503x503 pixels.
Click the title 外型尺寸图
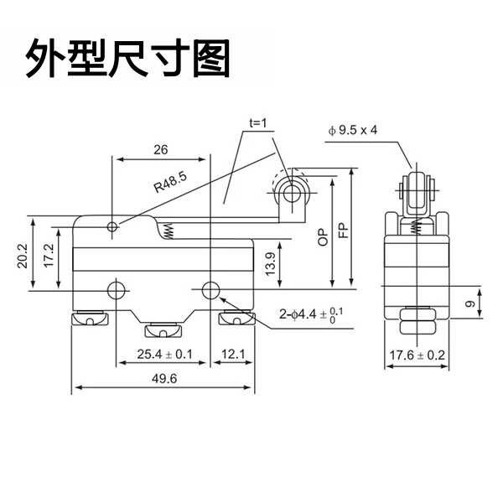point(127,59)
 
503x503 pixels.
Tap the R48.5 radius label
point(170,182)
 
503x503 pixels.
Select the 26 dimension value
point(160,149)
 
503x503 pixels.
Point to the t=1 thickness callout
point(258,123)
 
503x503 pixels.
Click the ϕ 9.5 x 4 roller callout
point(352,130)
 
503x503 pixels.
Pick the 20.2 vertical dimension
point(23,256)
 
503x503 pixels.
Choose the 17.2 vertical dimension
point(48,256)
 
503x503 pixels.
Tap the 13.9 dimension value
point(271,264)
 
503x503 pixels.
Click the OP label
point(323,237)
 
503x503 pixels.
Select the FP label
point(343,230)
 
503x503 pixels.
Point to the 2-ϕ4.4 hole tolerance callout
point(311,314)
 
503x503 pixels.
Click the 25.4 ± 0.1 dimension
point(165,354)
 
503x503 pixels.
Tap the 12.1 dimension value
point(233,354)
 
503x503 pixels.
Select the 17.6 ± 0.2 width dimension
point(417,355)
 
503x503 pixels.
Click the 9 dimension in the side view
point(470,303)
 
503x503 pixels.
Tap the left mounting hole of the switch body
point(116,290)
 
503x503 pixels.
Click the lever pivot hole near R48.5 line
point(112,227)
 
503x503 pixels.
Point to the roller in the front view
point(292,193)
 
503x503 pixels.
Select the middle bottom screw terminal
point(163,330)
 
